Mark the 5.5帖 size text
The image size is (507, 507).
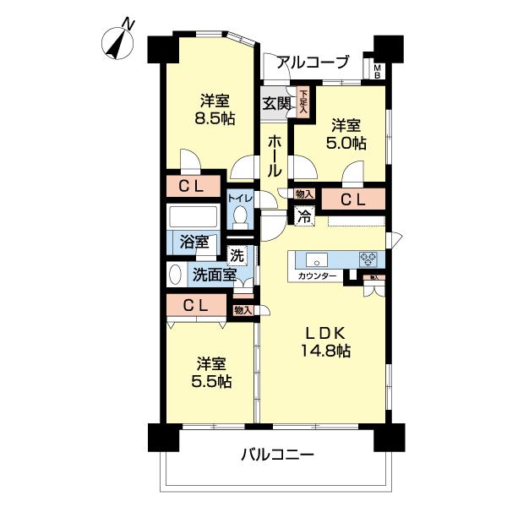click(212, 381)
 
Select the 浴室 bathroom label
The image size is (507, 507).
click(194, 241)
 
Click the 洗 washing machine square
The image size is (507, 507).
click(236, 253)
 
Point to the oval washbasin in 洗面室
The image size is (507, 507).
click(175, 275)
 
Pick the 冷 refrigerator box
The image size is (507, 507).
click(303, 215)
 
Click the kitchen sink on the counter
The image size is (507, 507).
click(319, 259)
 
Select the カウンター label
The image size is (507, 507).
click(317, 276)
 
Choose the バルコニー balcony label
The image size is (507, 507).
click(277, 455)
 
